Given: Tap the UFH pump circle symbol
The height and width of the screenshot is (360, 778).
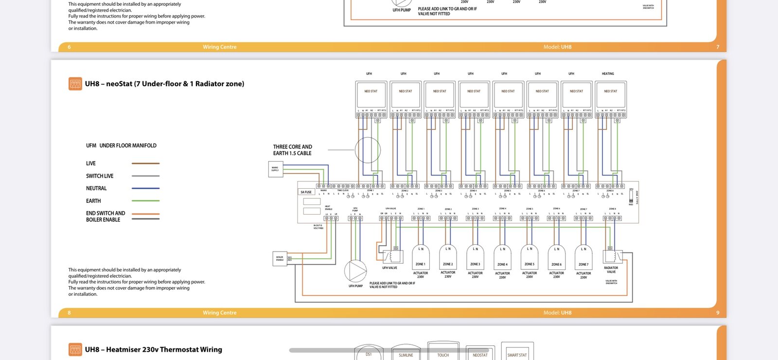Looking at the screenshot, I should (355, 271).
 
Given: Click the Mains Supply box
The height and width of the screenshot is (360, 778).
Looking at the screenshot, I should (275, 169).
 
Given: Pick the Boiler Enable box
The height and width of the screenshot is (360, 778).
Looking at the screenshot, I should (280, 258).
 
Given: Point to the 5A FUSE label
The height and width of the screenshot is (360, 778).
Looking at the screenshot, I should (306, 192).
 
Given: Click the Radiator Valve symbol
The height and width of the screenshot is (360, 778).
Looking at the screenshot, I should (612, 256).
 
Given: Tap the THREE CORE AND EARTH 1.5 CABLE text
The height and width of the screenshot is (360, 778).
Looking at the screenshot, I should (292, 150).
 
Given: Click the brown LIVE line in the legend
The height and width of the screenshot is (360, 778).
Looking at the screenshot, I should (145, 163).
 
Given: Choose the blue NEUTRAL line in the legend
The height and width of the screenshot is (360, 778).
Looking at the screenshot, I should (145, 188).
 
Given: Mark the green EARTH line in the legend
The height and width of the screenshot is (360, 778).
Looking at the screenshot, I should (145, 201).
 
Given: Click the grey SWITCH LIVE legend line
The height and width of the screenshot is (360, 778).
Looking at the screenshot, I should (145, 176).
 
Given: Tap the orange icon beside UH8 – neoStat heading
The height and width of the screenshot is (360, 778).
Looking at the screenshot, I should (75, 84).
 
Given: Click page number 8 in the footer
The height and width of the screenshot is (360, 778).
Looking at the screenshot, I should (69, 313).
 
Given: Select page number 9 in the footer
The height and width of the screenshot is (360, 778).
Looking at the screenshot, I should (718, 313).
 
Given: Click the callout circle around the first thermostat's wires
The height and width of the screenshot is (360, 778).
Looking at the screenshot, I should (368, 150).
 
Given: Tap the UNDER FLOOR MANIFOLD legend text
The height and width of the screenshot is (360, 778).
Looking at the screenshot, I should (128, 145).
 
